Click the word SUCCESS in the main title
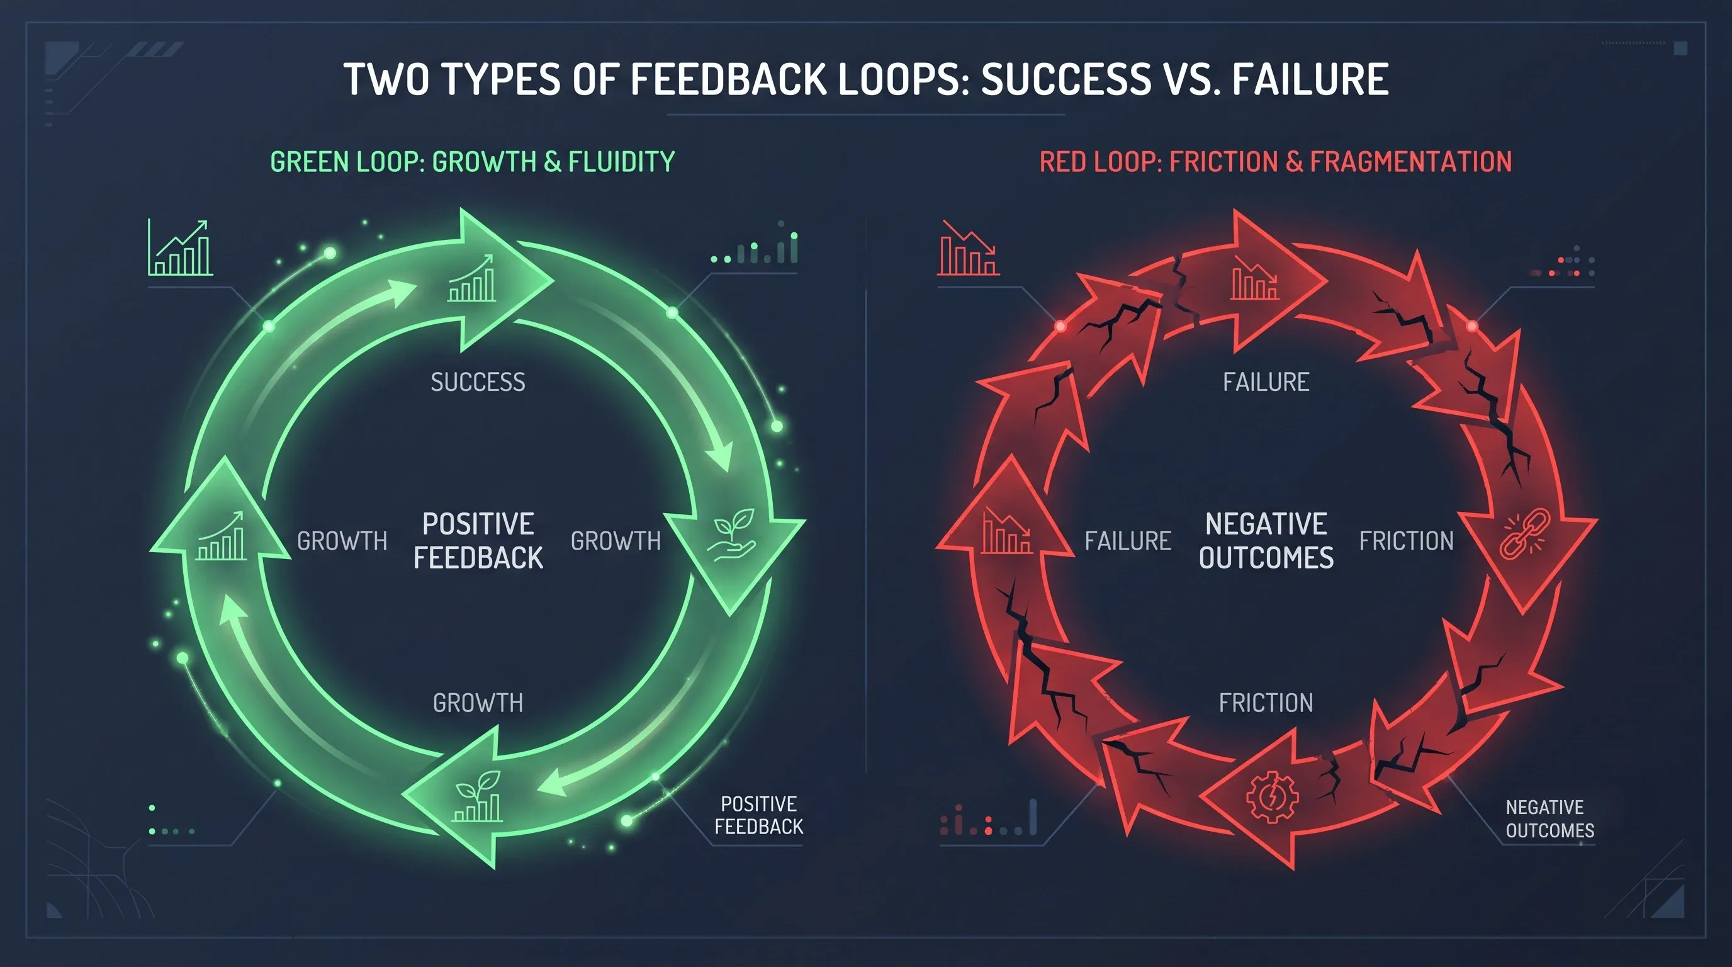(1066, 79)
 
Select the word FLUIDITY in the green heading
(621, 162)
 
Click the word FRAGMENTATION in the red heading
(1410, 162)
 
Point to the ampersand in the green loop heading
(553, 162)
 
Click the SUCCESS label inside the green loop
(478, 383)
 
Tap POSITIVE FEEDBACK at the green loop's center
(478, 541)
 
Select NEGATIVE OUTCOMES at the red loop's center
(1266, 541)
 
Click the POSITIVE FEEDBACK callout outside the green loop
(758, 815)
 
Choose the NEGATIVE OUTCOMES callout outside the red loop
(1549, 818)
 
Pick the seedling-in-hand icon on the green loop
(731, 535)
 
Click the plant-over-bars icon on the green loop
(478, 796)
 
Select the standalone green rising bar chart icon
(180, 247)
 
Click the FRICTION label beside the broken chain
(1407, 541)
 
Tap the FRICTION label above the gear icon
(1266, 703)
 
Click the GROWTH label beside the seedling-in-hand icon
(616, 541)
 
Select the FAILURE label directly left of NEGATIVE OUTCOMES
(1128, 541)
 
